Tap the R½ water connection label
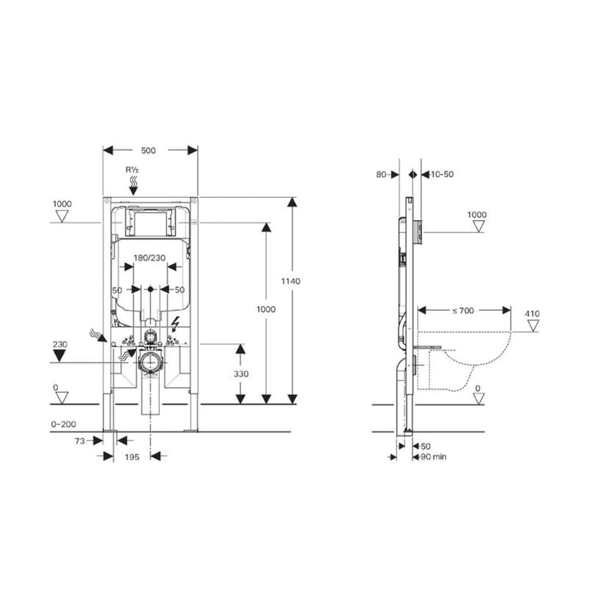132,170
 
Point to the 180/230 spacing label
149,257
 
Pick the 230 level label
60,343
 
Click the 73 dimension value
79,439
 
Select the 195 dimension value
133,456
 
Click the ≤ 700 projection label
464,311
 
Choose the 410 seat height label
532,314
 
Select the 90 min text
434,457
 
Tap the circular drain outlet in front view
149,363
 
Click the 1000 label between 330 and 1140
266,308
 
